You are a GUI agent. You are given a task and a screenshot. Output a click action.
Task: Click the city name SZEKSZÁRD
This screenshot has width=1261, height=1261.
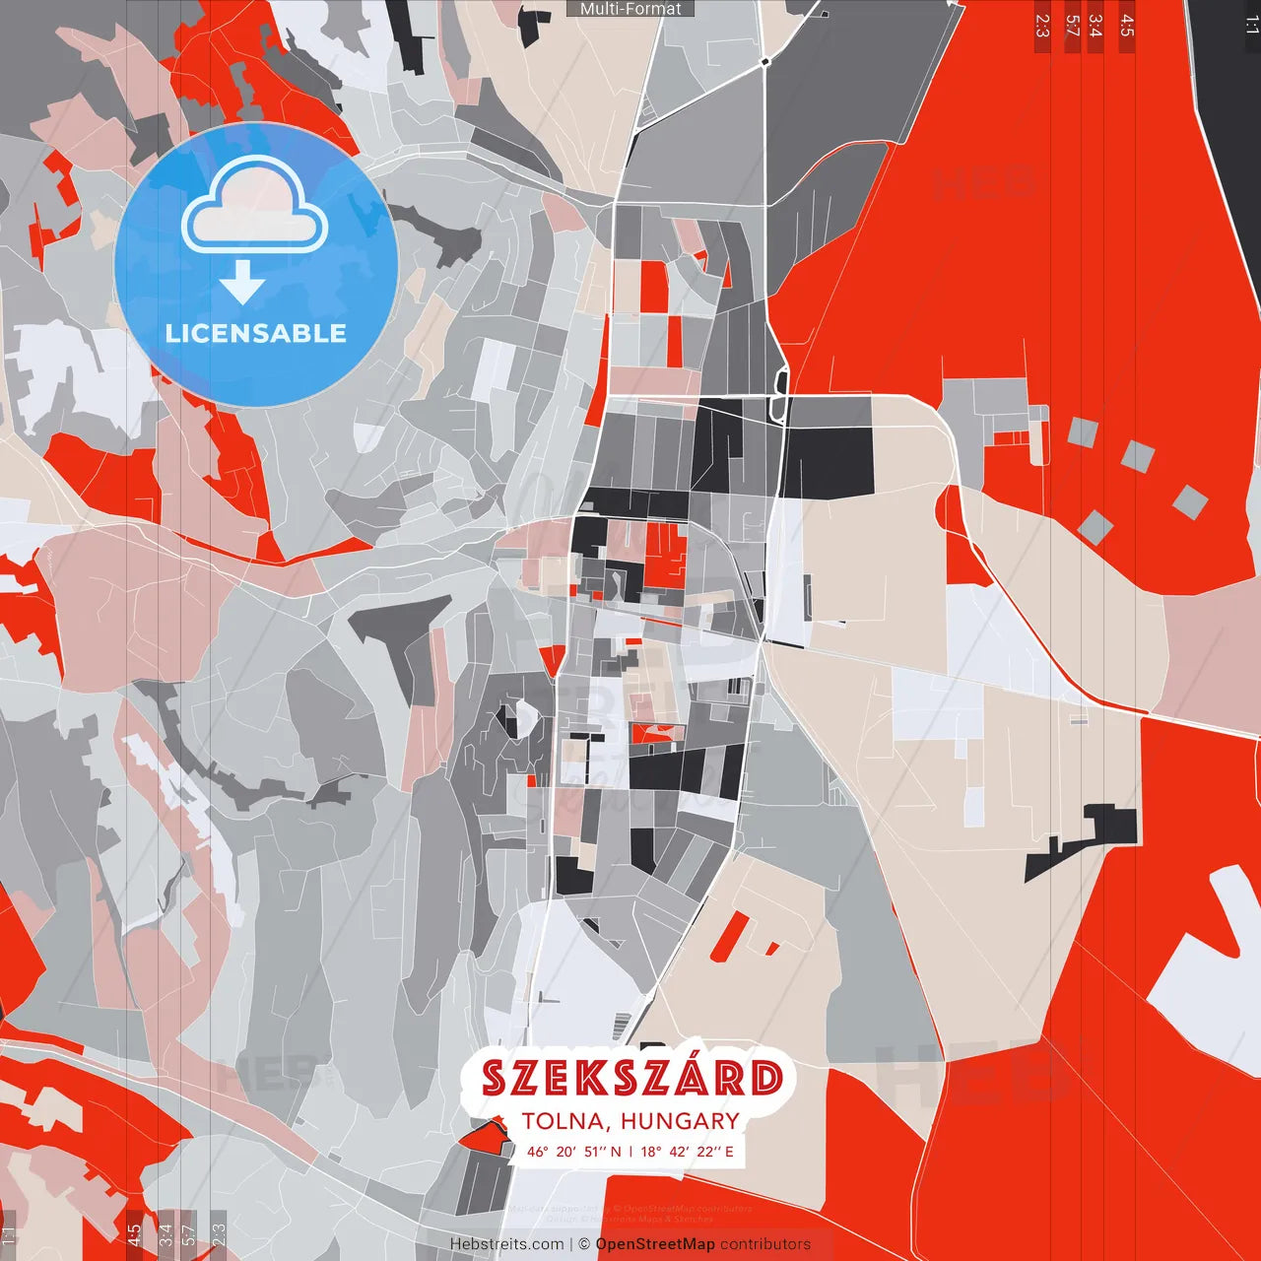tap(631, 1078)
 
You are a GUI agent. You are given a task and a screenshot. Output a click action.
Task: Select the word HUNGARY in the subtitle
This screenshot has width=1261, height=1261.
tap(680, 1121)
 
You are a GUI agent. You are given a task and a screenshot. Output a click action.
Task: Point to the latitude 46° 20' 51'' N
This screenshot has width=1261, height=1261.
tap(574, 1152)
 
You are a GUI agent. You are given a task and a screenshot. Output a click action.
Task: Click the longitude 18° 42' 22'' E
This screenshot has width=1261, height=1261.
tap(688, 1152)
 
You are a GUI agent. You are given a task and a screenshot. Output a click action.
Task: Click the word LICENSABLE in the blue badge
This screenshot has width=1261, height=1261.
tap(256, 333)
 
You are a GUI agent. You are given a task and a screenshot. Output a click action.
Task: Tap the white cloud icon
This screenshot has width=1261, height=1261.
tap(255, 207)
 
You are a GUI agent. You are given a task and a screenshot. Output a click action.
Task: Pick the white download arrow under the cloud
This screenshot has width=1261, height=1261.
tap(242, 283)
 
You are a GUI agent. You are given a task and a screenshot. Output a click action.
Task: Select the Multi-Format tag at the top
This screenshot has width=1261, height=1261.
tap(630, 9)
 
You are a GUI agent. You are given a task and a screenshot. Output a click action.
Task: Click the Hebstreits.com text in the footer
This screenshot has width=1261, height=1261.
tap(506, 1244)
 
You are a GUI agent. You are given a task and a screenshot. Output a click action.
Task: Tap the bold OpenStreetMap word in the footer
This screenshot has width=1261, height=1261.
tap(655, 1244)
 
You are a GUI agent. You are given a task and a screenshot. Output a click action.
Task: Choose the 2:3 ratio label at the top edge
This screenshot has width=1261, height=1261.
tap(1042, 26)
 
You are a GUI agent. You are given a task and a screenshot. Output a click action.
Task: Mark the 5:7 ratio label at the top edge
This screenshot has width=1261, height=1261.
tap(1072, 26)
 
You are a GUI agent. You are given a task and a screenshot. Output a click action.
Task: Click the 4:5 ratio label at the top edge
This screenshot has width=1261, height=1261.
tap(1127, 26)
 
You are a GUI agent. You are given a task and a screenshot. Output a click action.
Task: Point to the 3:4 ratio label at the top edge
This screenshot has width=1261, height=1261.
tap(1095, 26)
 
